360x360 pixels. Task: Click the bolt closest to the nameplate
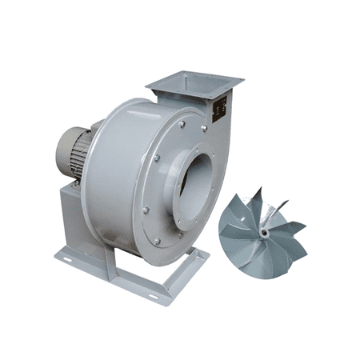click(x=205, y=127)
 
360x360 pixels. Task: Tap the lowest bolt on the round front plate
click(x=158, y=241)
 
